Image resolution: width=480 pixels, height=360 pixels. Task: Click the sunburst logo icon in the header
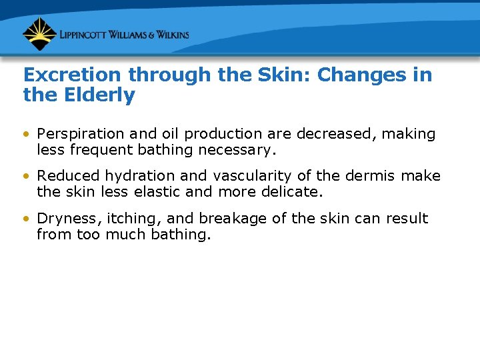39,34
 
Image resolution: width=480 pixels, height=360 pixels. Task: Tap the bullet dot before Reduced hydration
27,177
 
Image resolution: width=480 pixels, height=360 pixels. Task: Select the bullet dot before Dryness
27,219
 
